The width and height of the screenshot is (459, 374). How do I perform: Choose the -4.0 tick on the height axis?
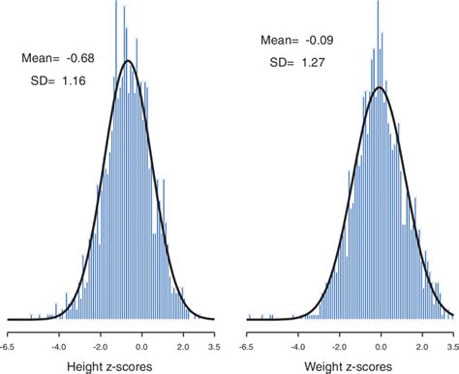tap(59, 343)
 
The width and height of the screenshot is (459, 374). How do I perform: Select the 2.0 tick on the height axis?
tap(183, 343)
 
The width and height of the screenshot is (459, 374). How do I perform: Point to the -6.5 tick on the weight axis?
tap(248, 343)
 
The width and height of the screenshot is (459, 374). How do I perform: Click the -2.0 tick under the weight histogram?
tap(341, 343)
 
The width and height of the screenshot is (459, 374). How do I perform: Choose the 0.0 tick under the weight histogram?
tap(382, 343)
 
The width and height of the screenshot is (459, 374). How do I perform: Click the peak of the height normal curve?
tap(129, 61)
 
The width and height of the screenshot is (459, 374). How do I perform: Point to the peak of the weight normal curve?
tap(381, 87)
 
